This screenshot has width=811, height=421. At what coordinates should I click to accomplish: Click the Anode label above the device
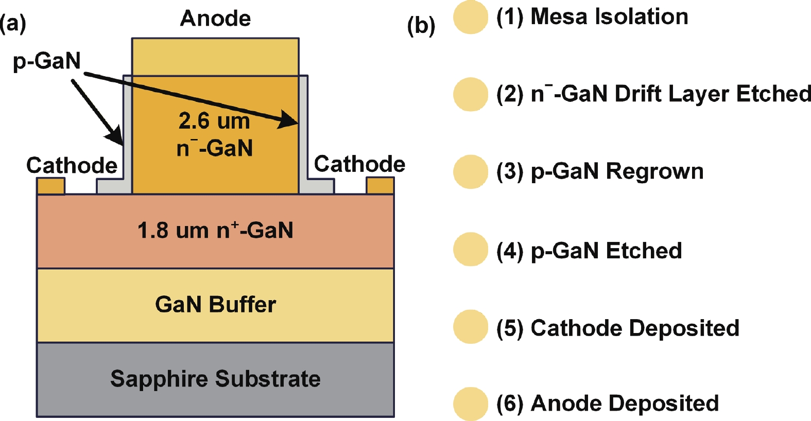pos(215,18)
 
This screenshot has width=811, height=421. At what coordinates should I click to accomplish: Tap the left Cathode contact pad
pos(51,186)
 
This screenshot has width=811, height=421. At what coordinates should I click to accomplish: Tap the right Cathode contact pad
pos(380,186)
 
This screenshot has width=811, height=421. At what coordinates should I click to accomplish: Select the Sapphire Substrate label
pos(215,379)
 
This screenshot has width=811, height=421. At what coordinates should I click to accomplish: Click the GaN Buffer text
pos(215,305)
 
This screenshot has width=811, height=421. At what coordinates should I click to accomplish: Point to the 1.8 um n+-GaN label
pos(215,230)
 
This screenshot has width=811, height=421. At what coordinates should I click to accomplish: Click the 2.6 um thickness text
pos(214,121)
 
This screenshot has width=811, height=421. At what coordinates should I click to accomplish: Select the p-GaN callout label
pos(47,61)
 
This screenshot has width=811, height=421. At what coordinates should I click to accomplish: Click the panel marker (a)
pos(13,24)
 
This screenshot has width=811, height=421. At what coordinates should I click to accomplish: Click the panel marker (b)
pos(421,26)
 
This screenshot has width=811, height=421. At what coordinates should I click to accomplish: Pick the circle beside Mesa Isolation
pos(471,16)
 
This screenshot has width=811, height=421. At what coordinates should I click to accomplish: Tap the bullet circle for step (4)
pos(471,250)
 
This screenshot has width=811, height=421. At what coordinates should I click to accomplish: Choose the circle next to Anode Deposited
pos(471,404)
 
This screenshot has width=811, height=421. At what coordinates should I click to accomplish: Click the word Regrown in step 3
pos(654,171)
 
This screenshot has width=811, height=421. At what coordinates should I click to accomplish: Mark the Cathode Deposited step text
pos(618,328)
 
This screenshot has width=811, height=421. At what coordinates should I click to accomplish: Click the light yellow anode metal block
pos(215,57)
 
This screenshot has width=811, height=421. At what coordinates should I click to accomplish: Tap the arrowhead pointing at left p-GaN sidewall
pos(115,136)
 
